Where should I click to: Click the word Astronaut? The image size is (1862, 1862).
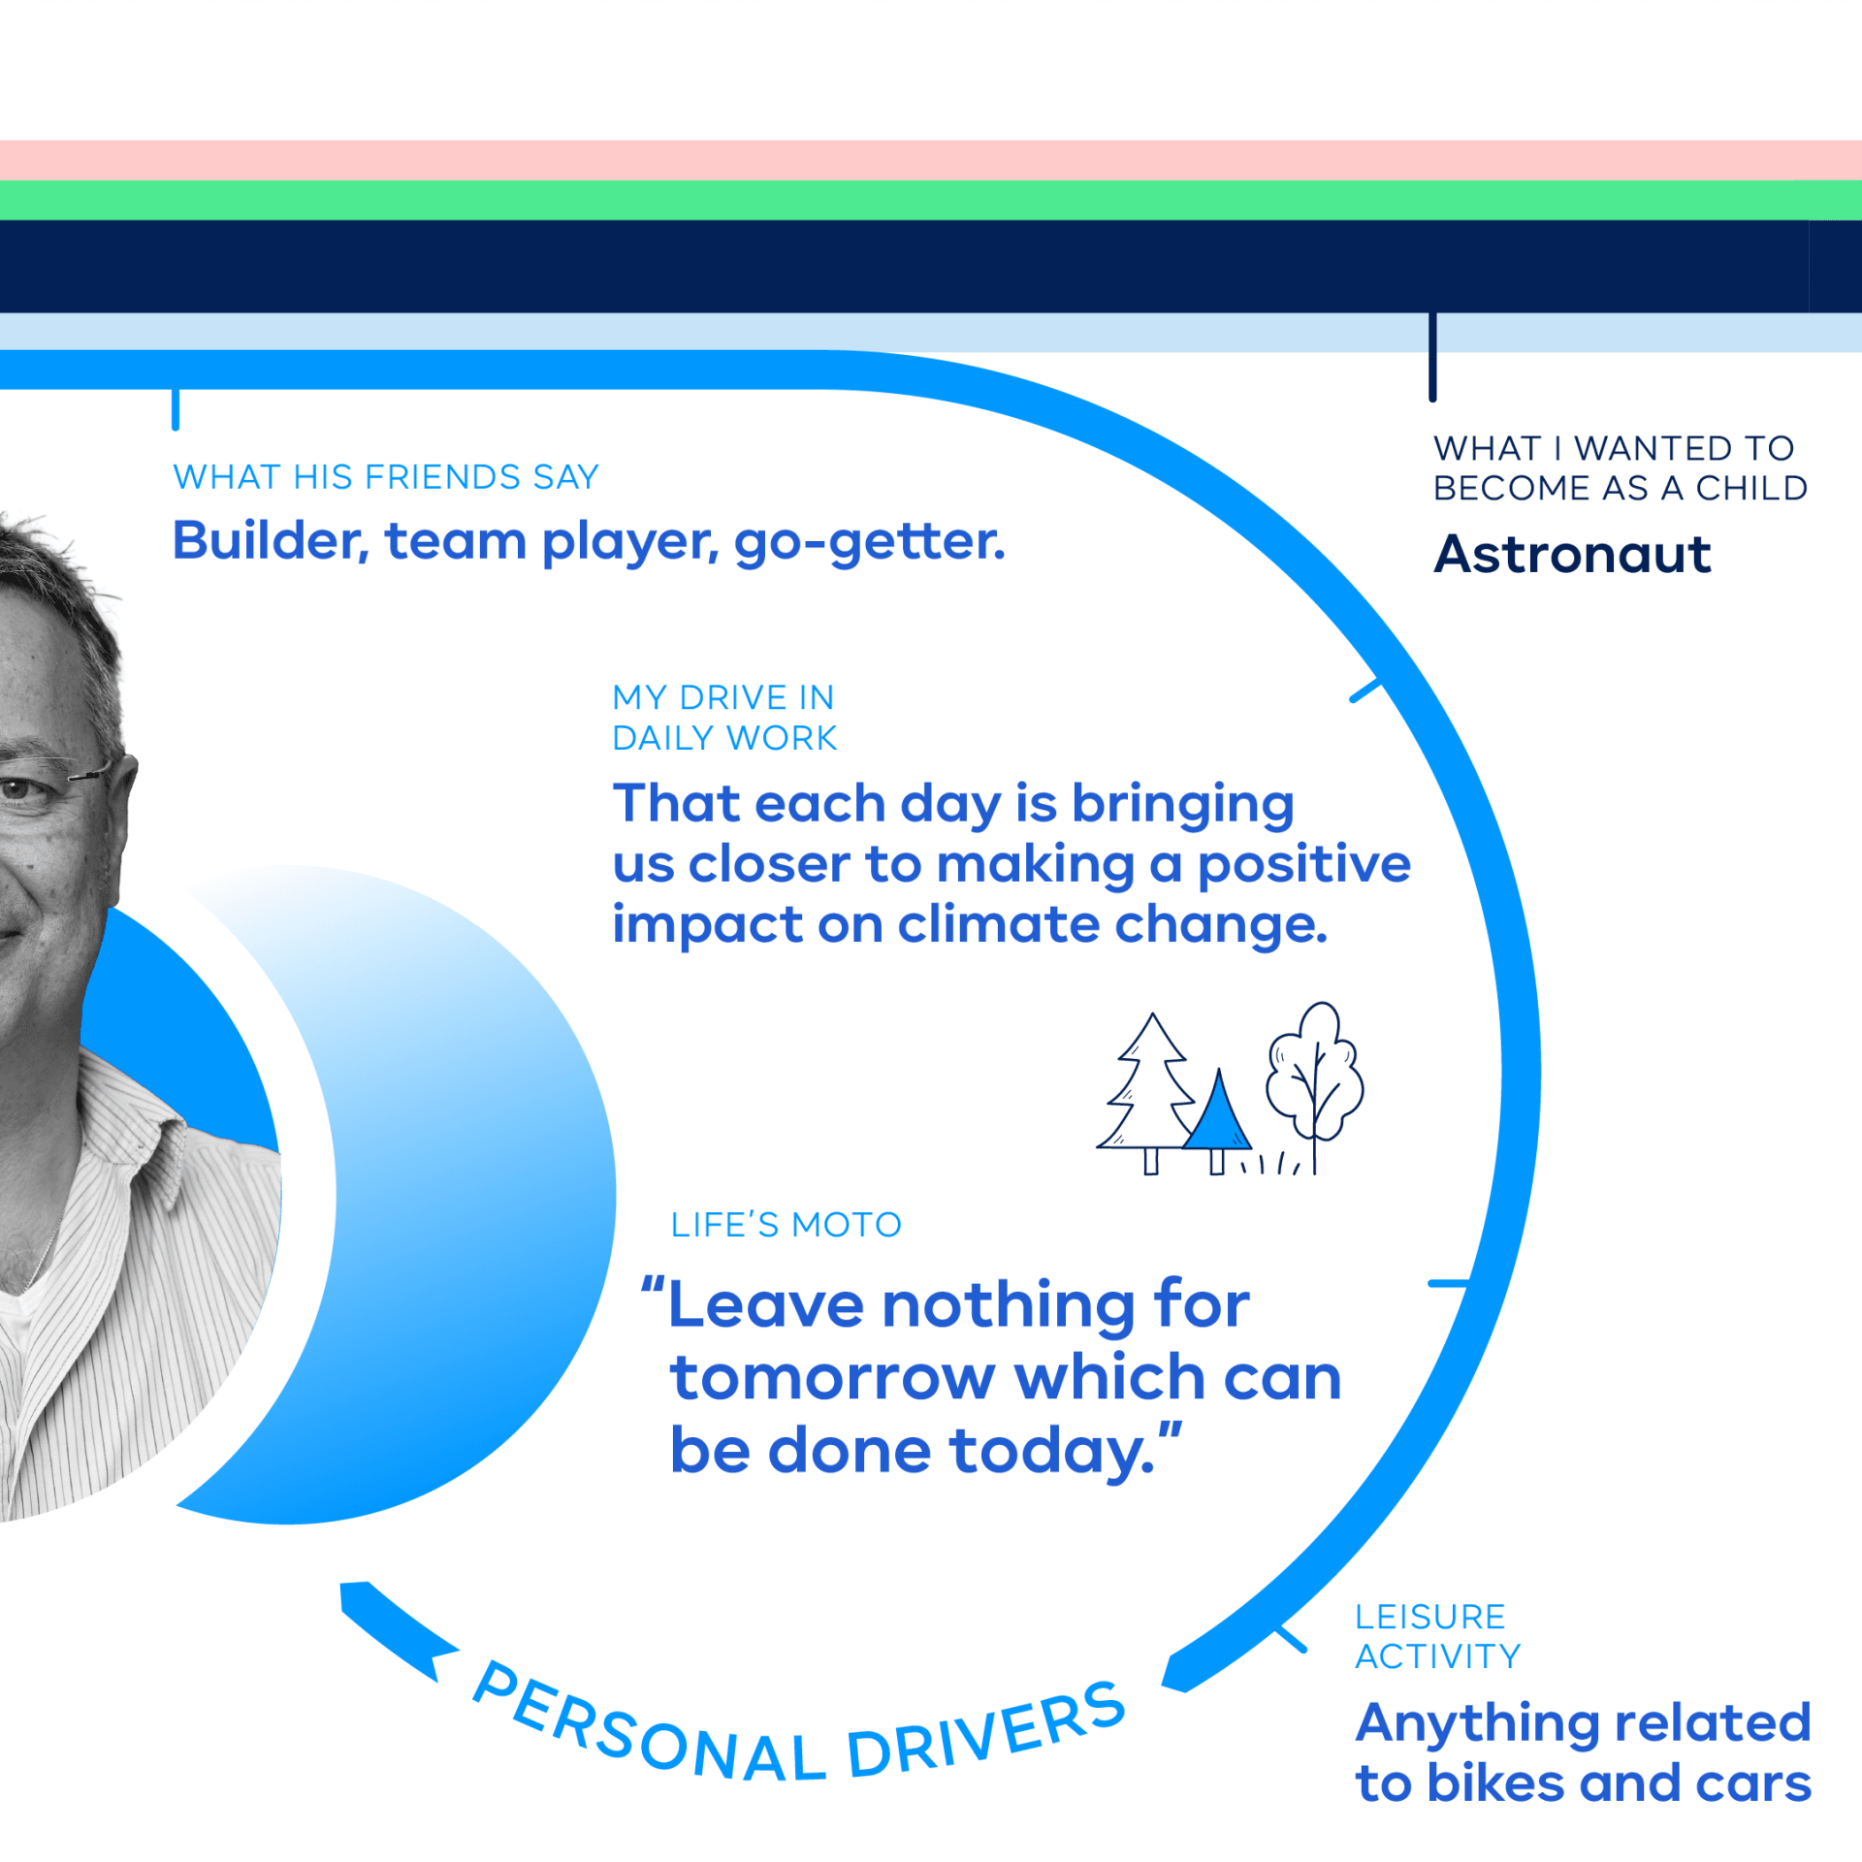click(1572, 555)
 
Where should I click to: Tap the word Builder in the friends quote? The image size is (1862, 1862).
click(271, 541)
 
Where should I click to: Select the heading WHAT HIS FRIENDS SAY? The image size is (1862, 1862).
click(386, 477)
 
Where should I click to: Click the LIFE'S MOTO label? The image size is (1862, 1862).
click(786, 1225)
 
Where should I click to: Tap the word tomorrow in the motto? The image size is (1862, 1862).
click(833, 1378)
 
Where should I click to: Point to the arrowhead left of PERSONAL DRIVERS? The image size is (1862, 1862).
click(393, 1628)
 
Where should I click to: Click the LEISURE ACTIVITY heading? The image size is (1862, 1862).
click(1437, 1637)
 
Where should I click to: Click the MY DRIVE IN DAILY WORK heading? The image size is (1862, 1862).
click(724, 718)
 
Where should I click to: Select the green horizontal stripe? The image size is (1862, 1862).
click(931, 200)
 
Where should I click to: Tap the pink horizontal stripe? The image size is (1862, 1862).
click(931, 160)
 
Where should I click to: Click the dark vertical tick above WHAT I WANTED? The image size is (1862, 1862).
click(1432, 357)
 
